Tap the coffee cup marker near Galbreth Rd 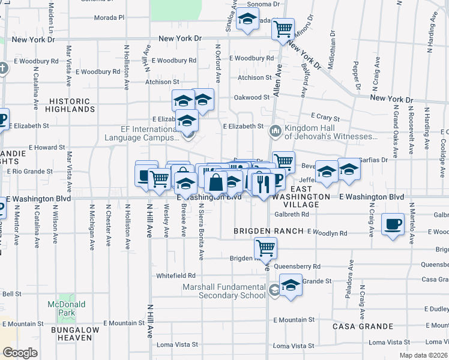393,224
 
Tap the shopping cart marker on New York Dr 283,28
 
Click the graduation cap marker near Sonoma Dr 247,19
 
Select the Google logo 20,353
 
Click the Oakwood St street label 252,97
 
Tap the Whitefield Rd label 176,275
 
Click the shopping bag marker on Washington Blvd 215,182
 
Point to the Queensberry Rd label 297,266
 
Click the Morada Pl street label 109,17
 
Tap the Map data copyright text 423,355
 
